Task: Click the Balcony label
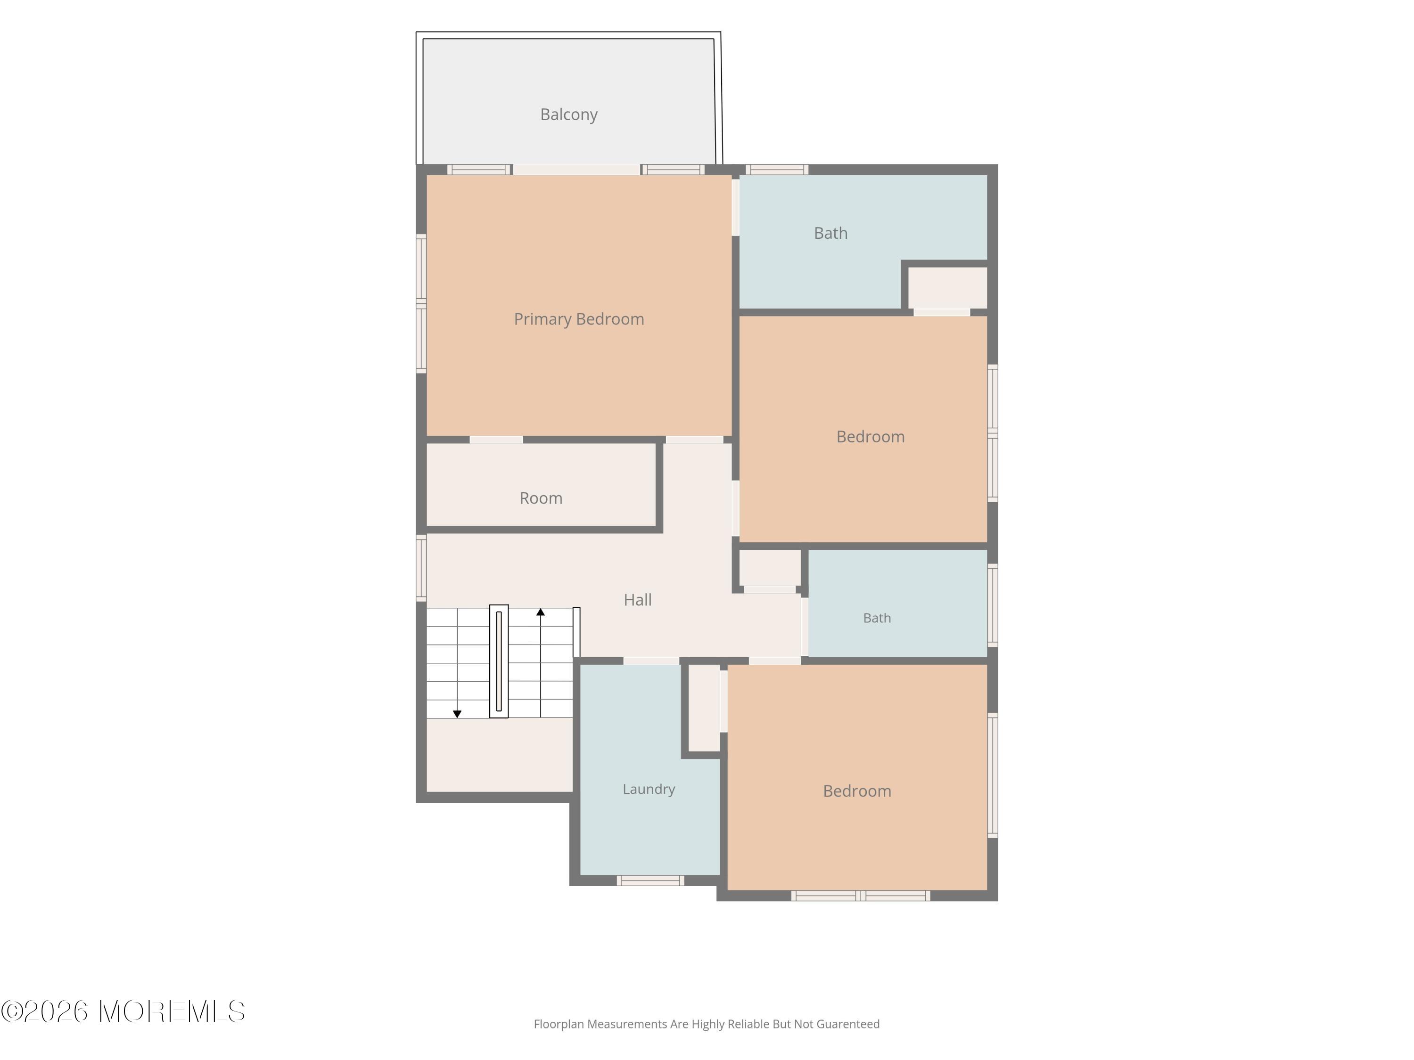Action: pos(569,115)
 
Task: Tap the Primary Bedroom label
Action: pos(579,319)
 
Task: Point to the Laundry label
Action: pos(649,790)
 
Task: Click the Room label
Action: pos(541,498)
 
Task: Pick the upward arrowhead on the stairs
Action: pos(541,612)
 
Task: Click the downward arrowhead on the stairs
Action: pos(457,714)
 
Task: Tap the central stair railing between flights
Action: pos(499,661)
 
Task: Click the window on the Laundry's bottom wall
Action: pos(651,881)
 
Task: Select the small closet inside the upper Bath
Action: pos(948,287)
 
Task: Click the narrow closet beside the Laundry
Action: pos(704,708)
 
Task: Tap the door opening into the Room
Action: pos(496,440)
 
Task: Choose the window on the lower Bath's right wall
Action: pos(993,605)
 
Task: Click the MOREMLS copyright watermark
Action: pos(123,1011)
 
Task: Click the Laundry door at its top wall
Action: pos(651,660)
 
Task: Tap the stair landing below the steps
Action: pos(499,755)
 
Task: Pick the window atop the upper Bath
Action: pos(777,169)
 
